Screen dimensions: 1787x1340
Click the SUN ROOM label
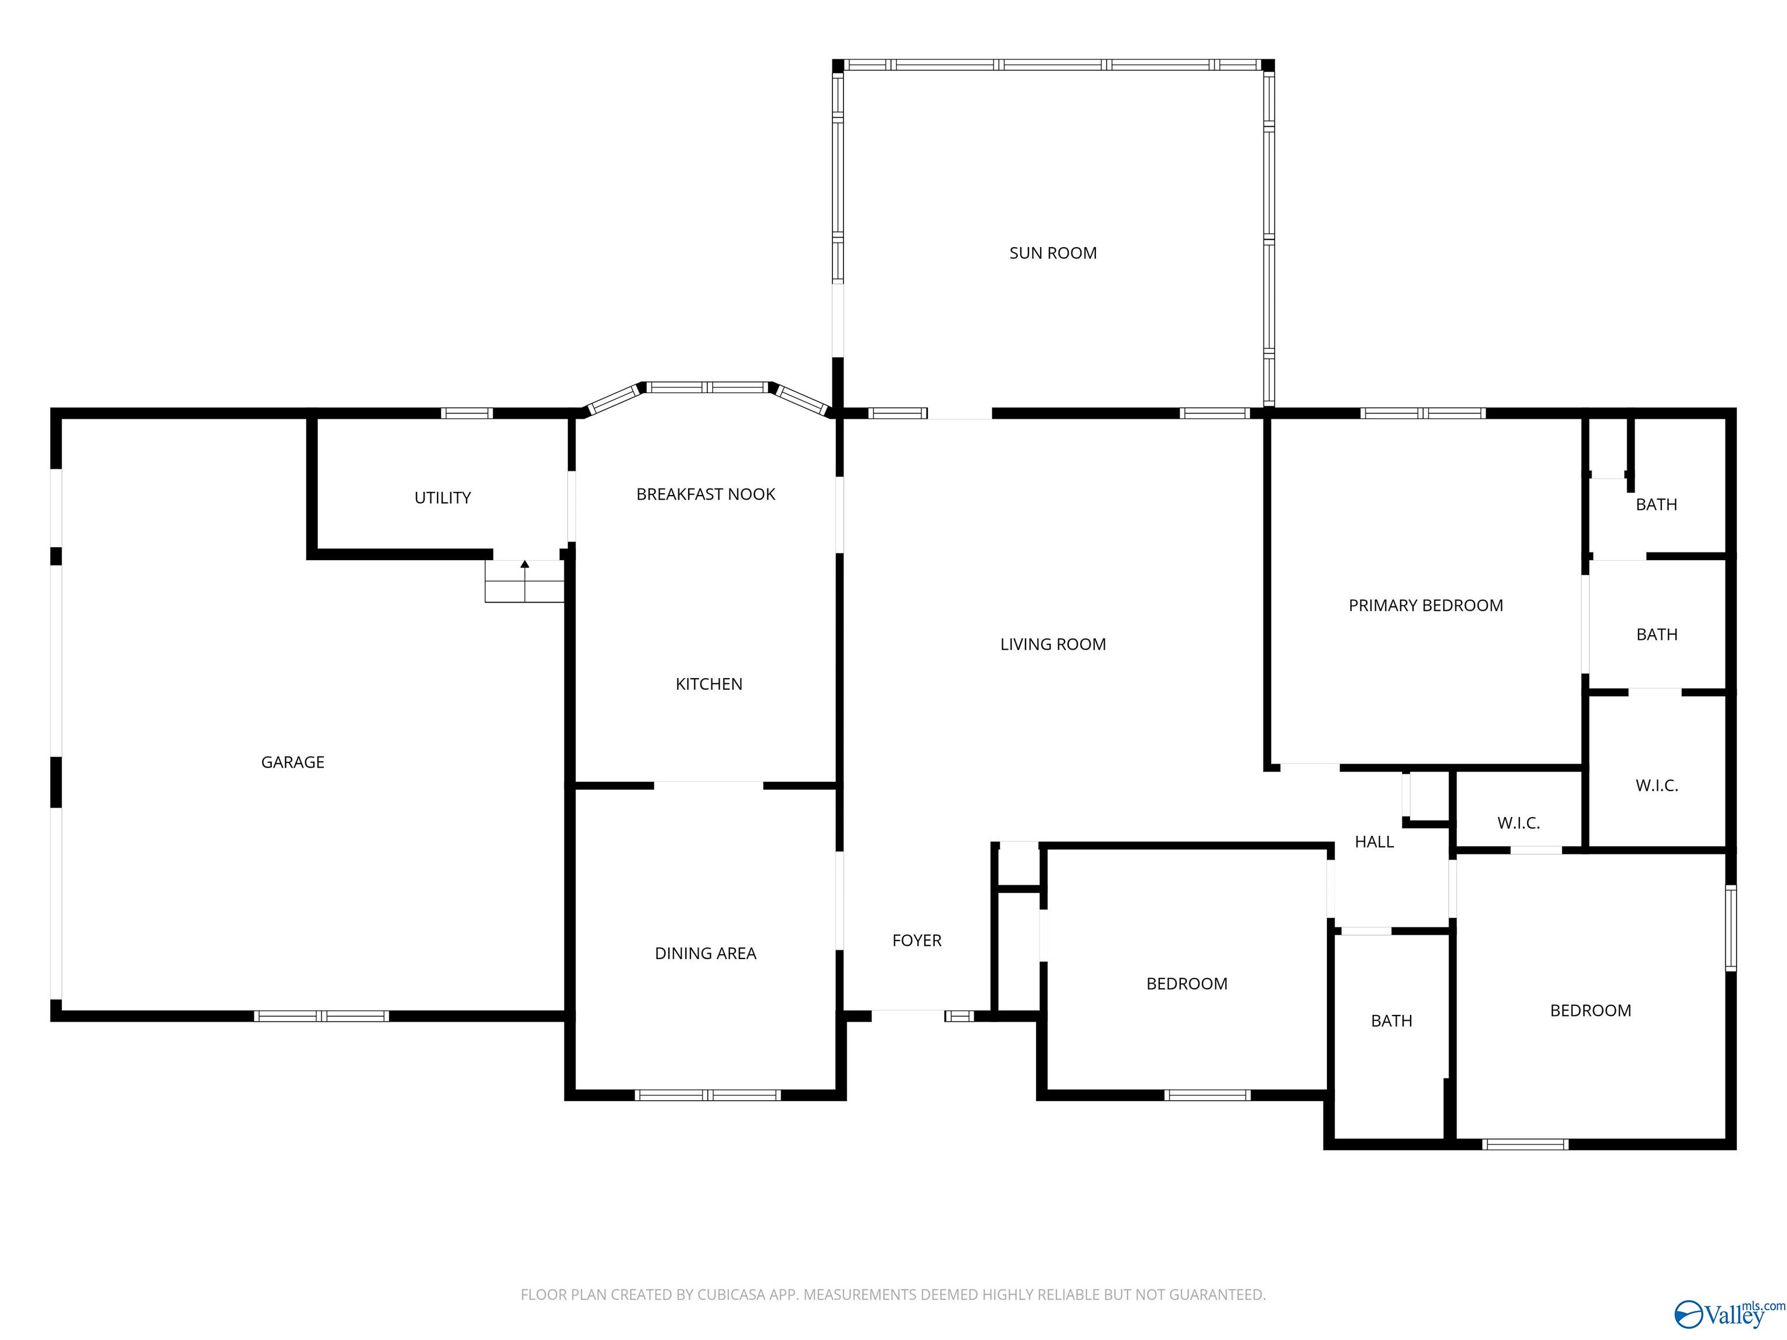pos(1053,253)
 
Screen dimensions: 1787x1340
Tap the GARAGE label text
pos(293,762)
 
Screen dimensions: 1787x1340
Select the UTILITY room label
pos(443,497)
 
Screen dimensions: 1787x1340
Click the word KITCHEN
pos(709,684)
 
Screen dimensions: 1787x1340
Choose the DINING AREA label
pos(705,953)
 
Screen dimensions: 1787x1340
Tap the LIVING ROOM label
pos(1053,644)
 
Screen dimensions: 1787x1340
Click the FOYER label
pos(917,940)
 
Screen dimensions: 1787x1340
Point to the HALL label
pos(1374,842)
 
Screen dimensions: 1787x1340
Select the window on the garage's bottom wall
pos(322,1016)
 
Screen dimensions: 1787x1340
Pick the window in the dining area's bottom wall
pos(708,1095)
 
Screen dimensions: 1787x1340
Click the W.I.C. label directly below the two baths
pos(1657,785)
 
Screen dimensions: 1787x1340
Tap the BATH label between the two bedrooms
pos(1391,1021)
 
